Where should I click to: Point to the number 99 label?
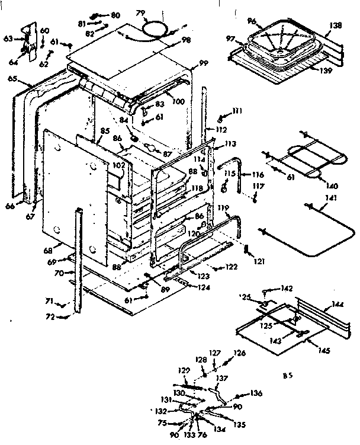[x=204, y=63]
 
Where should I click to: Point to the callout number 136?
[x=256, y=392]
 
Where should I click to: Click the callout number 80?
[x=115, y=14]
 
